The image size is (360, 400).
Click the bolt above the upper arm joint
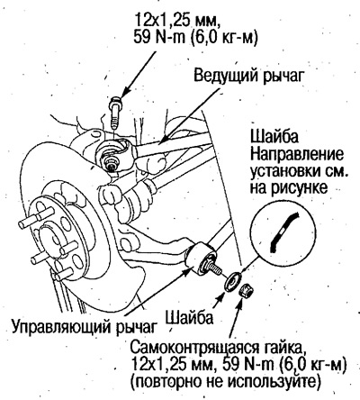(x=115, y=113)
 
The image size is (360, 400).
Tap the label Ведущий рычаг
(x=248, y=76)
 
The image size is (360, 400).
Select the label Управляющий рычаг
(x=85, y=326)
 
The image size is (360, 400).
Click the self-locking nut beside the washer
(x=247, y=290)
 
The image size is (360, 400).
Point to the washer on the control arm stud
(x=234, y=281)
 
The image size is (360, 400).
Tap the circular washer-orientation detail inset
(x=283, y=232)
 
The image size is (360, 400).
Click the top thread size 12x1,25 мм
(x=175, y=21)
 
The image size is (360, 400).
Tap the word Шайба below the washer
(x=189, y=317)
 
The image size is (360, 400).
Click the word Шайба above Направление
(x=274, y=137)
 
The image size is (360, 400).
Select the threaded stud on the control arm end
(x=212, y=268)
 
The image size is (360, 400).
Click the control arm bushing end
(x=202, y=259)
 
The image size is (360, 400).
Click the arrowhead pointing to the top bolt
(x=124, y=92)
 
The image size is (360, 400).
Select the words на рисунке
(x=288, y=188)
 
